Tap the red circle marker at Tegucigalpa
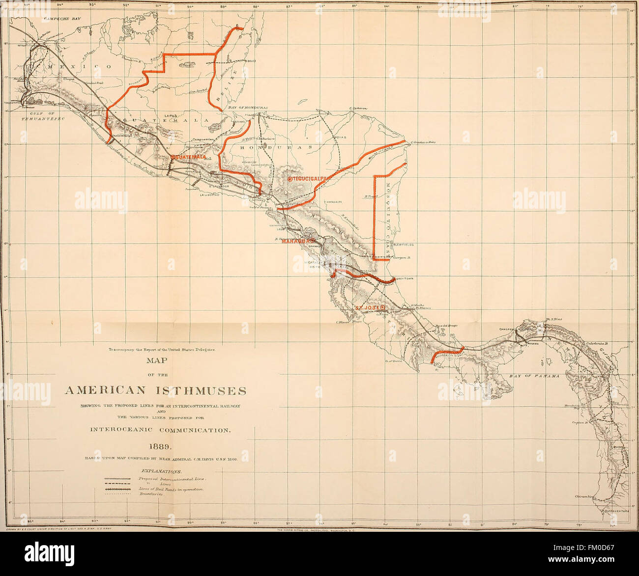click(x=290, y=179)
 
